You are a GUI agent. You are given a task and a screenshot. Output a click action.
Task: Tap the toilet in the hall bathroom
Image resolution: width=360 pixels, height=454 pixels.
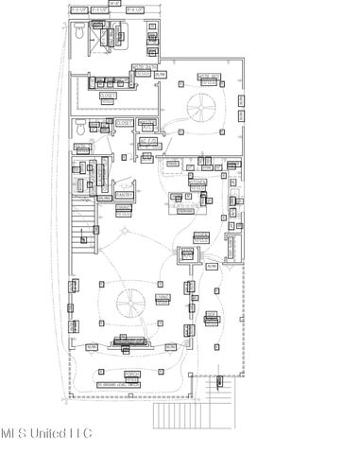point(80,127)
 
